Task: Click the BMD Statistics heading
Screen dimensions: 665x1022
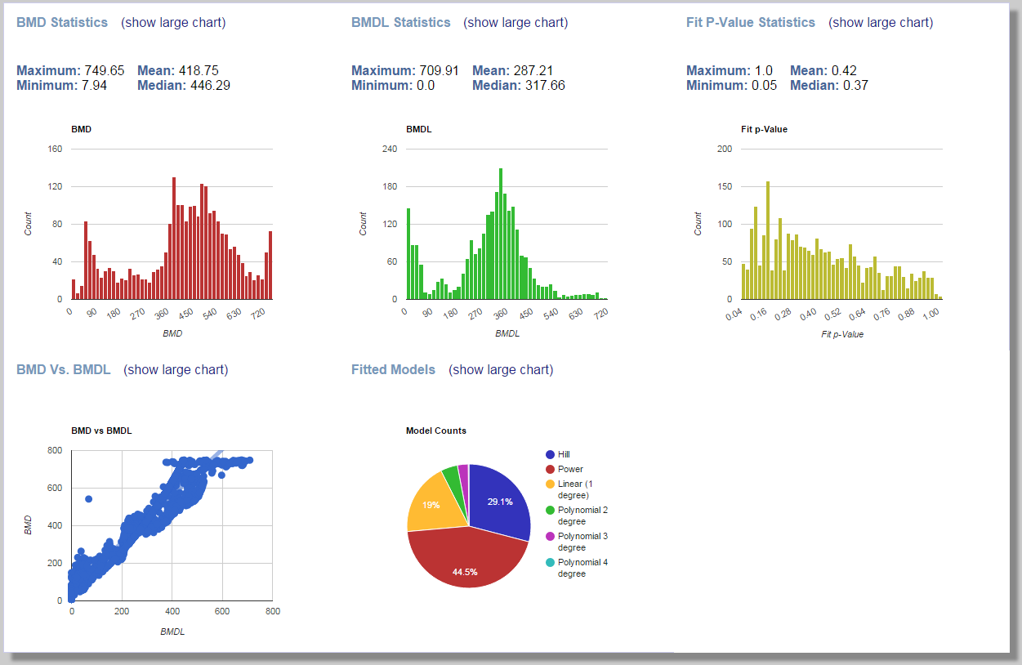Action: click(x=62, y=23)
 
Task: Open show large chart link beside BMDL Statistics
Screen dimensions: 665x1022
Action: click(x=515, y=23)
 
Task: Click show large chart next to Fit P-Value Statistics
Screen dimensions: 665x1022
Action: click(x=881, y=23)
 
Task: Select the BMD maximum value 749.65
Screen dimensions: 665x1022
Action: click(x=104, y=70)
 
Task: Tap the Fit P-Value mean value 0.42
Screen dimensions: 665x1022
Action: click(x=847, y=70)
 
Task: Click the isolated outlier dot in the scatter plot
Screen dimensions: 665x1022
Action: click(x=89, y=498)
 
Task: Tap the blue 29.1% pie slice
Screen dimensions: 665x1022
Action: click(x=498, y=501)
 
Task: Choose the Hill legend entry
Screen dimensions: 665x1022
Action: click(x=564, y=454)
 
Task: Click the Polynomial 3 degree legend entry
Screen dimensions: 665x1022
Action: click(x=582, y=542)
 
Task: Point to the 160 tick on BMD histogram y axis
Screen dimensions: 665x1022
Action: click(x=55, y=150)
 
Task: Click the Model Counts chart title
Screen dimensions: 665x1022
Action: click(x=436, y=431)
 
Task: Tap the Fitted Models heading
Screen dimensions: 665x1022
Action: click(x=393, y=370)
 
